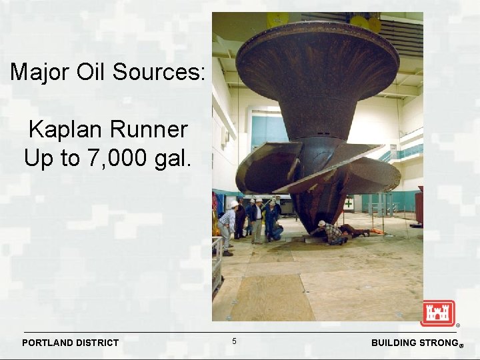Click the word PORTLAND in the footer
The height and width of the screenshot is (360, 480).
point(48,343)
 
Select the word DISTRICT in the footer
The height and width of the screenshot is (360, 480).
point(97,343)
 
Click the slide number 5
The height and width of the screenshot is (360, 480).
point(234,341)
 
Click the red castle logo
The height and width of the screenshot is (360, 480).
point(437,313)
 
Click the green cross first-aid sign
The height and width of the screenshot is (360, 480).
point(349,203)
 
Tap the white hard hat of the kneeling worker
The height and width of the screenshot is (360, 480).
point(322,223)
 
